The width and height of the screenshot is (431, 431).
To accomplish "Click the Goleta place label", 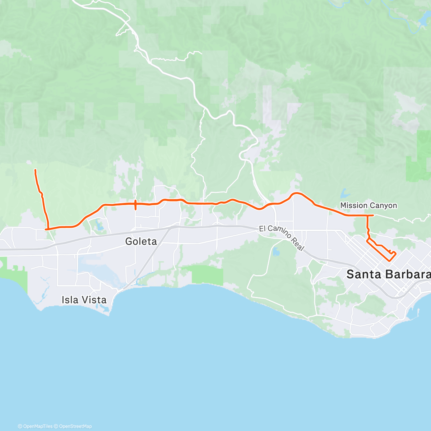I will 141,241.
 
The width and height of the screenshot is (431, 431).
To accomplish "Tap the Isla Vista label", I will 84,300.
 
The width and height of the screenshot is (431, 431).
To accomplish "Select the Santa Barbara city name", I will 388,274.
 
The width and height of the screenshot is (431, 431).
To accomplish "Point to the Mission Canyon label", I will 369,205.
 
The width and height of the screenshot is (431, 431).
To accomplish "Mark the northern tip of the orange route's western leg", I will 35,170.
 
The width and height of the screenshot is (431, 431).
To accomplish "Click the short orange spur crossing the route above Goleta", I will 135,205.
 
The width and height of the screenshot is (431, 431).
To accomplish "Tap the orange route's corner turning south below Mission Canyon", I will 367,215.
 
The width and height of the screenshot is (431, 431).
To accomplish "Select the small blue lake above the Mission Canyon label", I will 344,193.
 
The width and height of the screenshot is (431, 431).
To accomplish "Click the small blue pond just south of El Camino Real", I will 276,251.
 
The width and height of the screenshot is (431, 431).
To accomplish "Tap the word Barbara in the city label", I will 409,274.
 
